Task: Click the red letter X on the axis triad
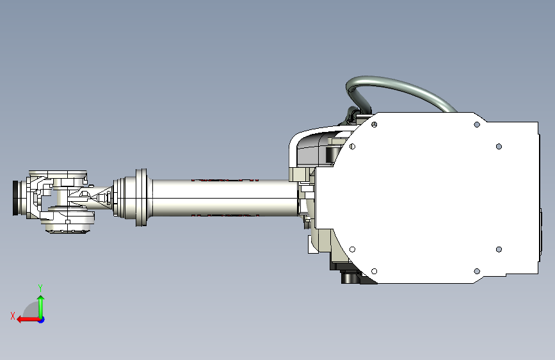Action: pos(13,315)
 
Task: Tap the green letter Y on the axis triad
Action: pos(40,288)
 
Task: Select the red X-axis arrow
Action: pos(26,319)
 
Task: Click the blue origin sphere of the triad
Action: pos(41,319)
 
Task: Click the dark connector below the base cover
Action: pos(350,277)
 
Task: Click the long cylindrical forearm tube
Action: pos(224,198)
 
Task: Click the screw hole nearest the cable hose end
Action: pos(476,124)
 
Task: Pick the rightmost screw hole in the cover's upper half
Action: pos(499,146)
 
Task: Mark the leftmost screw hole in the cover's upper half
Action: pos(353,147)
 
